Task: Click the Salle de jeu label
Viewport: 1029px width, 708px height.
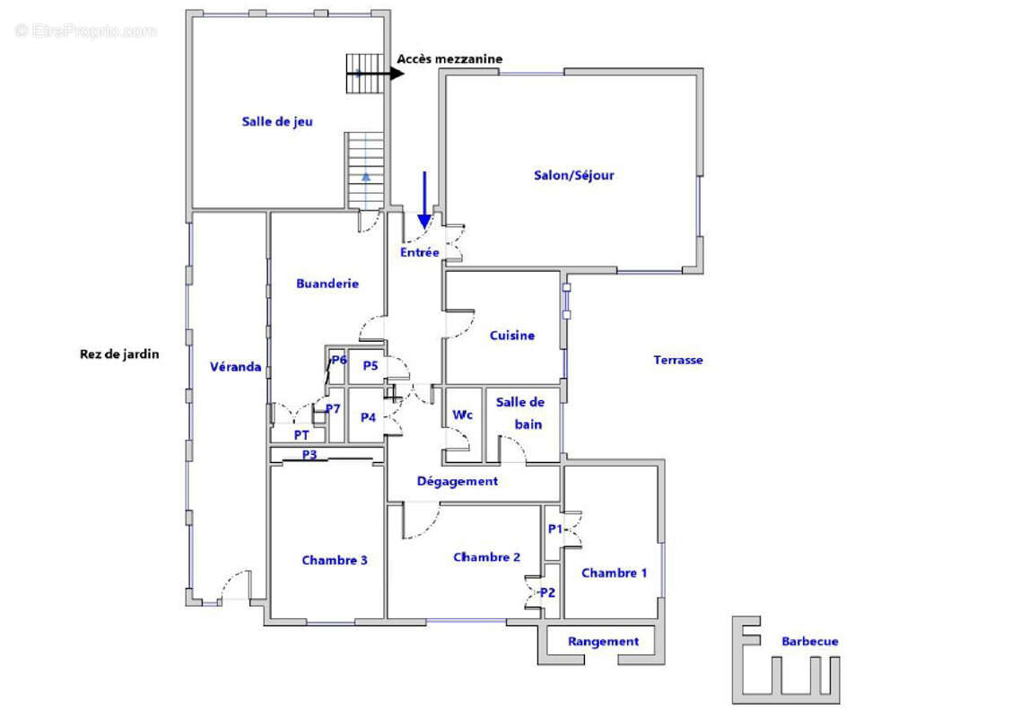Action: coord(277,122)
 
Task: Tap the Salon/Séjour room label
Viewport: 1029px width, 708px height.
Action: coord(573,175)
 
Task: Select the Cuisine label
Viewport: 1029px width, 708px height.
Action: coord(512,336)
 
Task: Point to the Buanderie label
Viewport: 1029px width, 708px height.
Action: coord(327,284)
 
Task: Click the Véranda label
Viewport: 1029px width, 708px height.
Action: coord(236,367)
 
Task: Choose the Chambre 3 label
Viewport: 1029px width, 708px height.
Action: coord(335,560)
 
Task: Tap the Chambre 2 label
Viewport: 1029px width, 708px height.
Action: coord(487,557)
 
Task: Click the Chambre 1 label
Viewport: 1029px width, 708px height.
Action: coord(615,573)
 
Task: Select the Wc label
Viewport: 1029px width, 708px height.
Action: coord(463,415)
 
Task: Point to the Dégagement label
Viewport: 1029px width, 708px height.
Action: coord(458,482)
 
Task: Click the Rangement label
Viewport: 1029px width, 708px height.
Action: coord(603,642)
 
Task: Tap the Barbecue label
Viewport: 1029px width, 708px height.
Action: coord(810,642)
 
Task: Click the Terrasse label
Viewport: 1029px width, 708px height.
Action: coord(678,360)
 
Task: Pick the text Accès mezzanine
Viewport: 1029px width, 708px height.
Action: coord(449,59)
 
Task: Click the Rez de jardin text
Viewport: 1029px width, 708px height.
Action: coord(119,354)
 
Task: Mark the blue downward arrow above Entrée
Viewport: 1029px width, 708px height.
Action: coord(424,200)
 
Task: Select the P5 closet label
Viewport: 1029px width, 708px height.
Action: coord(371,366)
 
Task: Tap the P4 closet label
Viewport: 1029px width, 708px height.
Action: coord(368,417)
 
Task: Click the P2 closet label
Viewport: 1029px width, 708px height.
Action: coord(547,593)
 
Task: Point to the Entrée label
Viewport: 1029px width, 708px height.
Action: coord(420,253)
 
